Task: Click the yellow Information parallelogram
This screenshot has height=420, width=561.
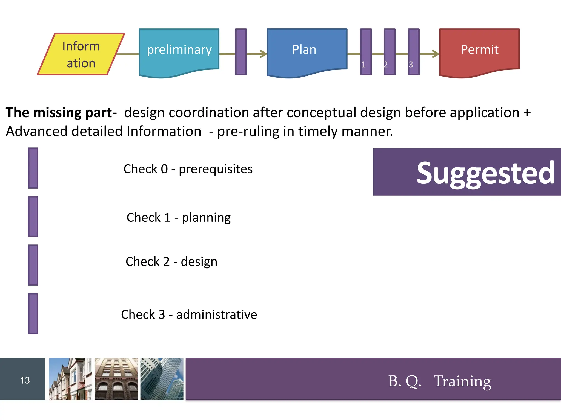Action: [x=81, y=54]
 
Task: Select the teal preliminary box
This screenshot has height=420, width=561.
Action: [x=179, y=51]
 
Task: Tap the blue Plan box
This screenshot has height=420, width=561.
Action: [x=307, y=51]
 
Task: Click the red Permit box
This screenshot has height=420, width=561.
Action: [x=479, y=51]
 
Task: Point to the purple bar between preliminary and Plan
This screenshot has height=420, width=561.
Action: [x=241, y=52]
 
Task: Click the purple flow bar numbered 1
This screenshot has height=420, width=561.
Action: [x=366, y=52]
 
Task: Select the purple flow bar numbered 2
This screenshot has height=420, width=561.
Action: [x=390, y=52]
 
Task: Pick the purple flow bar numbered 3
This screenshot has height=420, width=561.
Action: [x=414, y=52]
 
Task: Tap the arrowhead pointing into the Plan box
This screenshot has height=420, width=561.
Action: [x=263, y=54]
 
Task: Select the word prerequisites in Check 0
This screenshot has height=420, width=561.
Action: [x=216, y=169]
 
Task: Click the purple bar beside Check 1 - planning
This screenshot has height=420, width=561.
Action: [x=33, y=217]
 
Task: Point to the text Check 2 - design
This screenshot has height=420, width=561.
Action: [x=171, y=262]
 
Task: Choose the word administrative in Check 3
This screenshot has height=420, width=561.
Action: [x=216, y=314]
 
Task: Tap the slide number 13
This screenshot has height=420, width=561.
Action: [x=25, y=380]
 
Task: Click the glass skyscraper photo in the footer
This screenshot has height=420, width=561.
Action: [x=162, y=379]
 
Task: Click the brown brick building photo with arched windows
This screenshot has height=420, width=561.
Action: [x=116, y=379]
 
